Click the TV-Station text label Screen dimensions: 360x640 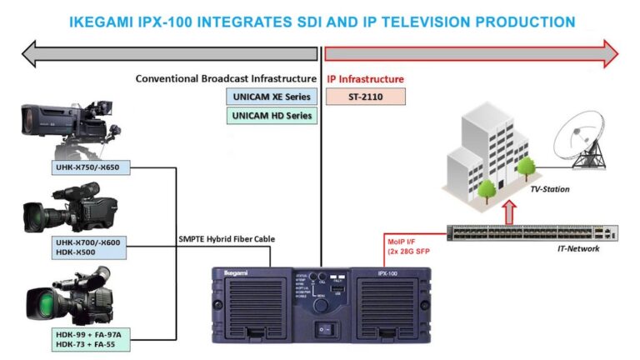coord(550,189)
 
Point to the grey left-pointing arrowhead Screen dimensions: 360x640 coord(36,54)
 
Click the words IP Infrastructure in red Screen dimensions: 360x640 coord(365,79)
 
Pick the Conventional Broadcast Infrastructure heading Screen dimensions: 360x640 coord(226,79)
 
